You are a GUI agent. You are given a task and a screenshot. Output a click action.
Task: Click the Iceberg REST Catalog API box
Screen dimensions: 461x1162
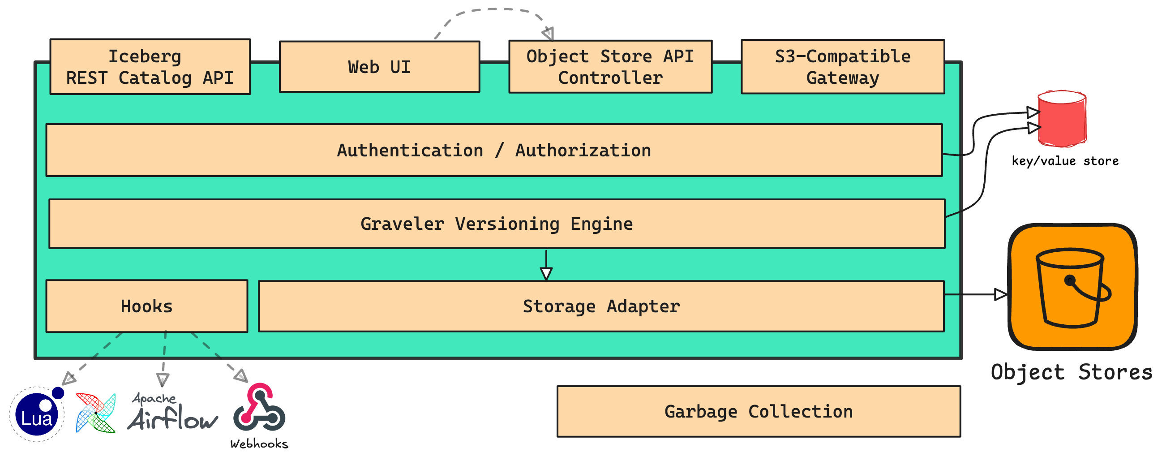pyautogui.click(x=150, y=67)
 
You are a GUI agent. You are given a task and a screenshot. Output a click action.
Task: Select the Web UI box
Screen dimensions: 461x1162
pyautogui.click(x=379, y=67)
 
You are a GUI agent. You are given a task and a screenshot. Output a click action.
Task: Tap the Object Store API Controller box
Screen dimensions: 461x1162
pyautogui.click(x=610, y=67)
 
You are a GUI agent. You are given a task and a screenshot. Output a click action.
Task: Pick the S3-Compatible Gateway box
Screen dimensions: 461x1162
pyautogui.click(x=842, y=67)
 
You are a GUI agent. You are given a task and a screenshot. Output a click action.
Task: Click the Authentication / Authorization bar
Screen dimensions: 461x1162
pyautogui.click(x=494, y=151)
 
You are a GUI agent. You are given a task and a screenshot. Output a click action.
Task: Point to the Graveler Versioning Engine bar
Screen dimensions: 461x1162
pyautogui.click(x=496, y=224)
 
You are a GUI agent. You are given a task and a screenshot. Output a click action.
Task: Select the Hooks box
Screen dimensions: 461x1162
pyautogui.click(x=146, y=306)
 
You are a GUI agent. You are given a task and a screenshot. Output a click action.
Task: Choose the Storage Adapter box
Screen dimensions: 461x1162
pyautogui.click(x=601, y=306)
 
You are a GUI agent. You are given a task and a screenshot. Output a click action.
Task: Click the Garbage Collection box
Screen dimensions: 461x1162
pyautogui.click(x=758, y=411)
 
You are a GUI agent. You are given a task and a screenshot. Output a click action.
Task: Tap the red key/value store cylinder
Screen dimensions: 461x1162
pyautogui.click(x=1062, y=119)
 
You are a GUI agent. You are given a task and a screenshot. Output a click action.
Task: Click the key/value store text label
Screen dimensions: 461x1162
pyautogui.click(x=1064, y=161)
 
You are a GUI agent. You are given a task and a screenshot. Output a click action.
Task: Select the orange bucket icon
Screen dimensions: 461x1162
pyautogui.click(x=1072, y=287)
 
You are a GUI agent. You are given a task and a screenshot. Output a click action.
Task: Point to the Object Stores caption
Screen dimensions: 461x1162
pyautogui.click(x=1071, y=372)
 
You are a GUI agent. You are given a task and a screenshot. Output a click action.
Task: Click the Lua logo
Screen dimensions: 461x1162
pyautogui.click(x=37, y=414)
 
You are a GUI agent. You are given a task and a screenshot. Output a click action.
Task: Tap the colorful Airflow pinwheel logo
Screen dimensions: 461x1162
pyautogui.click(x=96, y=413)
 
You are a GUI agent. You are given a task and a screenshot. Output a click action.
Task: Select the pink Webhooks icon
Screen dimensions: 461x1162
pyautogui.click(x=259, y=407)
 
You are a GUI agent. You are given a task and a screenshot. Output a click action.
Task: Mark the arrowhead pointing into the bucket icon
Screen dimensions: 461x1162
pyautogui.click(x=1000, y=294)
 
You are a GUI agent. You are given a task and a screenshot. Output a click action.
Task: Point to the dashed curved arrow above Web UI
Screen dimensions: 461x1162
pyautogui.click(x=492, y=10)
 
